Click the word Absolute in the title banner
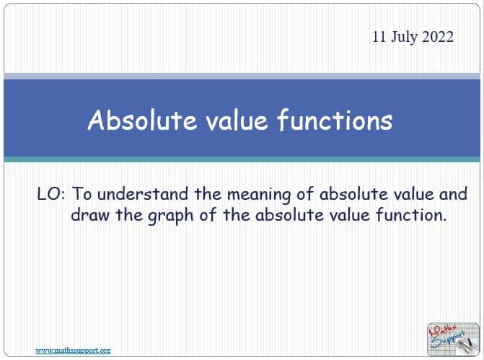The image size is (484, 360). click(142, 120)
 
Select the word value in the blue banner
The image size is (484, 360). click(237, 120)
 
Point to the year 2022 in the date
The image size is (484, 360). click(438, 37)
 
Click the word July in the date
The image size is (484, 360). click(405, 38)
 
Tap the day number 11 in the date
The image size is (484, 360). click(379, 37)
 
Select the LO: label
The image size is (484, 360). click(51, 194)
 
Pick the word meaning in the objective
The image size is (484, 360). click(259, 195)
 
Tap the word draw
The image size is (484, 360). click(90, 215)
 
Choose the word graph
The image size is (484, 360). click(171, 216)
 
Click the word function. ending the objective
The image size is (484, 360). click(411, 214)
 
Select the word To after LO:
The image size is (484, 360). click(82, 194)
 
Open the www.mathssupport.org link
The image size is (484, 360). click(73, 351)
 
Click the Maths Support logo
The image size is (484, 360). click(453, 339)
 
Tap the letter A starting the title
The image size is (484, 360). click(95, 120)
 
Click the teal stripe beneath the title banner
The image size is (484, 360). click(242, 159)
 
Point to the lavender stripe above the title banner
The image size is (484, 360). click(242, 76)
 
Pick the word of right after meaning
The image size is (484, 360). click(305, 194)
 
